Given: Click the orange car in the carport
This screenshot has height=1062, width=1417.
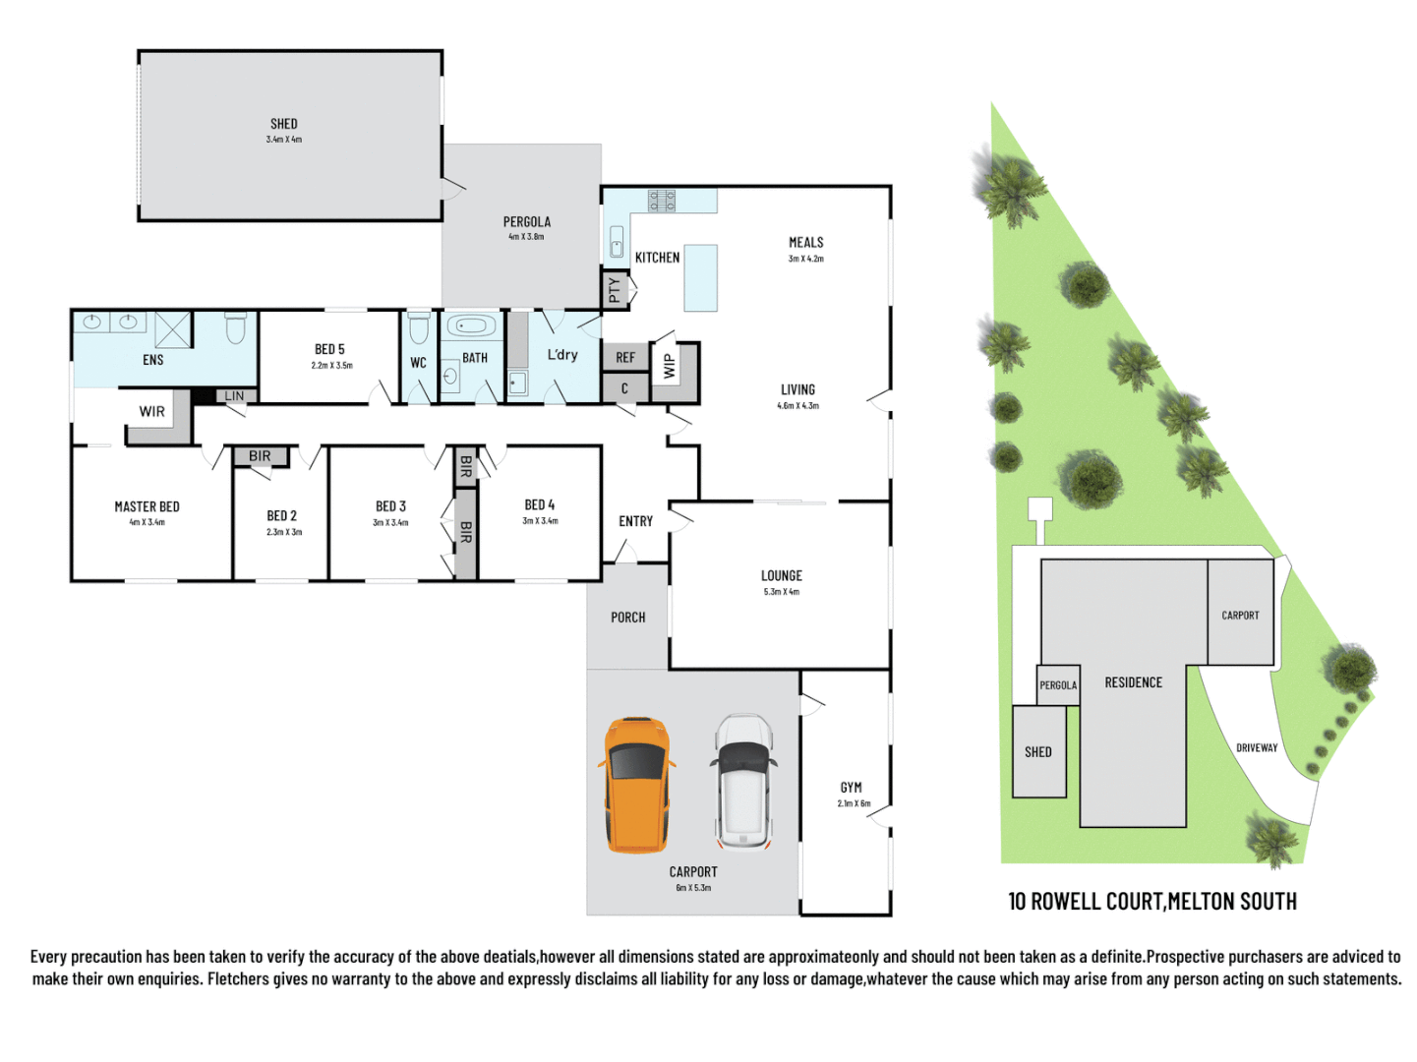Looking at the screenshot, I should [x=636, y=785].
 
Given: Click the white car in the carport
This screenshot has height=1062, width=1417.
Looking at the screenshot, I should [x=743, y=783].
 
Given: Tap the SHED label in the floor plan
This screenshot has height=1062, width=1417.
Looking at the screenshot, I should [x=284, y=124].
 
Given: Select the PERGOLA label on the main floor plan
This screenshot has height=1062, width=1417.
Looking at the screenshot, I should [x=527, y=222].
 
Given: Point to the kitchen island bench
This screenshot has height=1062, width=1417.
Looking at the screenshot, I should [x=700, y=278].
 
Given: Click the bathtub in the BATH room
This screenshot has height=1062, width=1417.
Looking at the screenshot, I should [x=472, y=325].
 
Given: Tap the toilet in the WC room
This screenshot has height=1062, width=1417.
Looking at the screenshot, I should [x=419, y=326].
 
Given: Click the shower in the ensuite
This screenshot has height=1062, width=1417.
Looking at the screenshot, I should [x=173, y=328].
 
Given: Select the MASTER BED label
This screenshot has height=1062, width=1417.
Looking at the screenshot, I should [x=148, y=506].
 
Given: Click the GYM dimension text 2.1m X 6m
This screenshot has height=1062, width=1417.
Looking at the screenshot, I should [x=854, y=803].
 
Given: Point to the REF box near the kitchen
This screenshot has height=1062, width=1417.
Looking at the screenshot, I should [x=625, y=358].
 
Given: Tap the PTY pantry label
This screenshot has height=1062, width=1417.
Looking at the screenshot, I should [x=615, y=289].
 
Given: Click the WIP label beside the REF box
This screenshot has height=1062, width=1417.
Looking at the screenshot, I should [x=670, y=366].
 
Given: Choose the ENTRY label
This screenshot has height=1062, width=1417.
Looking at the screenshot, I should [x=635, y=521].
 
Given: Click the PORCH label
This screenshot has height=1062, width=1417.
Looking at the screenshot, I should [x=627, y=618].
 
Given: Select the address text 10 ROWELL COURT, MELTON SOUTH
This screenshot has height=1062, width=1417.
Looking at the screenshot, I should [x=1151, y=901].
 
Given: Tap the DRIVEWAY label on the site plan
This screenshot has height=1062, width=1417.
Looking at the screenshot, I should [x=1257, y=747].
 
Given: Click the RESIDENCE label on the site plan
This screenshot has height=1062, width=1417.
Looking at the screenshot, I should [x=1133, y=682].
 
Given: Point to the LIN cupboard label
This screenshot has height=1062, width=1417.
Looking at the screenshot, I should [x=234, y=396].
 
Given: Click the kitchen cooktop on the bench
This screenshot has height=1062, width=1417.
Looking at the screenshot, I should [x=661, y=201].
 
